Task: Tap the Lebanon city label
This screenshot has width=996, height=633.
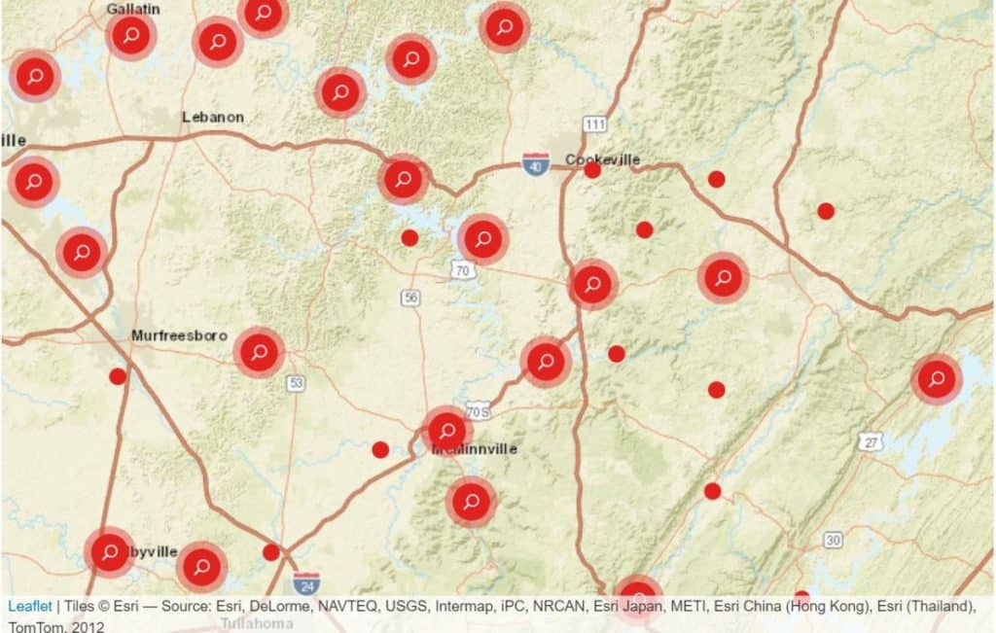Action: click(x=213, y=117)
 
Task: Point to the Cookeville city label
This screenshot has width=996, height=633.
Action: click(x=603, y=158)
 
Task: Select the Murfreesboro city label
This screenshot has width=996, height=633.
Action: click(x=179, y=335)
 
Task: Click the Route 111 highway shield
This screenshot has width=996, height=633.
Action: click(x=595, y=124)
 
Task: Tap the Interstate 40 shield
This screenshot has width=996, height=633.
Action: click(x=535, y=165)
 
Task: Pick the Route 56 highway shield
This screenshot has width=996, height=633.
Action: click(x=410, y=298)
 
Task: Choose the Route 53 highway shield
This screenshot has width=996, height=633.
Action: click(x=296, y=383)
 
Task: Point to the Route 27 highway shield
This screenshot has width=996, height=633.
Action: click(x=871, y=442)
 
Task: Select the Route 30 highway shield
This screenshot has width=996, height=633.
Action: click(x=833, y=540)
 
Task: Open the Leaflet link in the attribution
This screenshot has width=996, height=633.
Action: click(x=29, y=606)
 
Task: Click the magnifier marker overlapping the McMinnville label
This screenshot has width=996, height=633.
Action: click(x=446, y=430)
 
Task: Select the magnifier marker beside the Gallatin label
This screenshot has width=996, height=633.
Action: click(x=131, y=36)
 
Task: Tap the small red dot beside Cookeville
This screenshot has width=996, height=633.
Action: click(x=592, y=170)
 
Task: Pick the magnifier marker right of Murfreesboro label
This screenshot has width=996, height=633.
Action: click(x=259, y=352)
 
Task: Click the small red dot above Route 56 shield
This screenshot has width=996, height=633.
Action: click(x=409, y=237)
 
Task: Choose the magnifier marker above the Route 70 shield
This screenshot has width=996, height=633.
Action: click(x=482, y=238)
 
